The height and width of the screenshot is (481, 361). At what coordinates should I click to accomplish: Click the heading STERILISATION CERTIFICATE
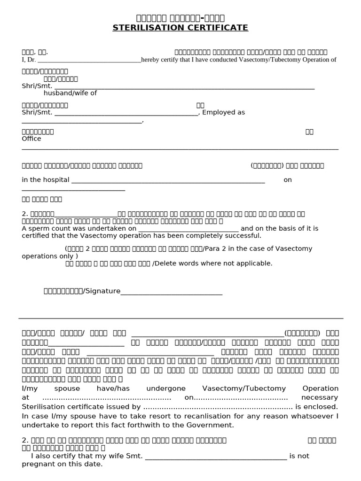(x=180, y=28)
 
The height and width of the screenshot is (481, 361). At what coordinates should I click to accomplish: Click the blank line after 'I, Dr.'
(x=89, y=60)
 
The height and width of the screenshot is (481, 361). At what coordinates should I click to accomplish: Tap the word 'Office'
(x=31, y=139)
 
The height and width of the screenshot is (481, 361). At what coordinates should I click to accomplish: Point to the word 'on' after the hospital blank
(x=288, y=180)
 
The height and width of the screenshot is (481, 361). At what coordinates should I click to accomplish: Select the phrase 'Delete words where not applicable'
(x=213, y=264)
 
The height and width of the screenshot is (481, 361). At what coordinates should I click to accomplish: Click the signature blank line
(x=172, y=292)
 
